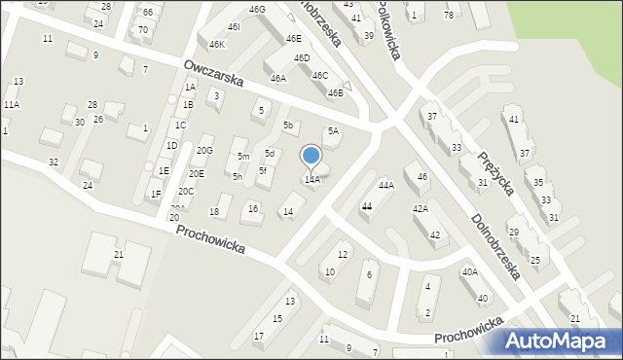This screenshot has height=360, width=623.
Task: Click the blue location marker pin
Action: pos(311,156)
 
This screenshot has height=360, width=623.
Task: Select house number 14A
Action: pos(312,180)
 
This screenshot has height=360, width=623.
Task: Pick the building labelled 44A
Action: pos(385,185)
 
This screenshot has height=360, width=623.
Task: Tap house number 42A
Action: pos(420,208)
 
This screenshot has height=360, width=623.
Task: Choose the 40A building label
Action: pos(469,272)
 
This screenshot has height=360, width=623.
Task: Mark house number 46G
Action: pos(257,10)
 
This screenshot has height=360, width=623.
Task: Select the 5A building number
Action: pos(333,131)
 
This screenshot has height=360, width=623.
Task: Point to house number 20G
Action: pos(204,151)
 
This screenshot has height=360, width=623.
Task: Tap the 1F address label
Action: pos(156,194)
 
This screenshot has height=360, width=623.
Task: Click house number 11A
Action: pos(11,104)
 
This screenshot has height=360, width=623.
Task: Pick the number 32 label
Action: pos(54,162)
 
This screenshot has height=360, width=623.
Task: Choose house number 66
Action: pos(147,13)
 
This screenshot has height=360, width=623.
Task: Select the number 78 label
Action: pos(448,15)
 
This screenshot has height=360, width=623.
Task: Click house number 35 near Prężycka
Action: pos(538,182)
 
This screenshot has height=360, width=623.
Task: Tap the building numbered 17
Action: pos(258,337)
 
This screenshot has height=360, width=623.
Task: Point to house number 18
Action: pos(214,212)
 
